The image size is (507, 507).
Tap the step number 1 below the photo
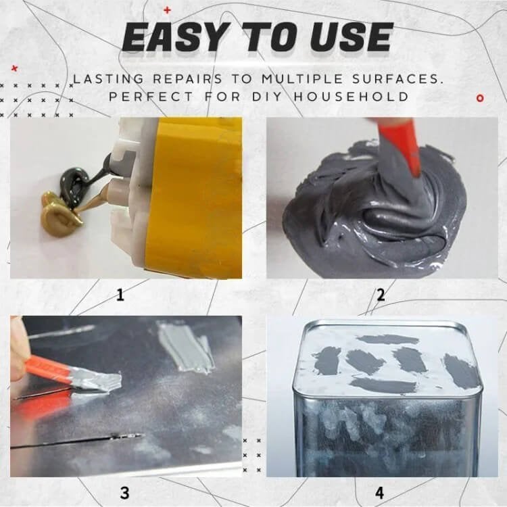point(120,295)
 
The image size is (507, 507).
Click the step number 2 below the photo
point(381,295)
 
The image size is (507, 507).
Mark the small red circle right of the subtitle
point(480,98)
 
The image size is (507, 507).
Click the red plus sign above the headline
point(167,9)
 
